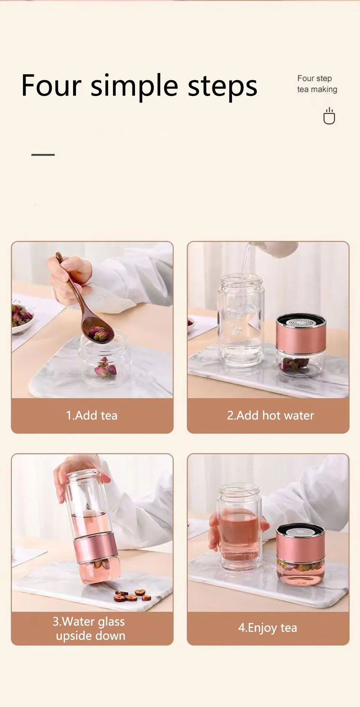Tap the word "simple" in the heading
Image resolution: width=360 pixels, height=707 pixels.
tap(134, 86)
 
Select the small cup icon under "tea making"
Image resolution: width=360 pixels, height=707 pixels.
tap(329, 116)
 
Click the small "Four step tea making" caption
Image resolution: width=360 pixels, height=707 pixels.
tap(317, 84)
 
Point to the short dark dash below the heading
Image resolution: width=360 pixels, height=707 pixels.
tap(43, 155)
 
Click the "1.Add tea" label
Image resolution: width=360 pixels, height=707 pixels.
tap(92, 415)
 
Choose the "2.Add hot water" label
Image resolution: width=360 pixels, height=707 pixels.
tap(270, 415)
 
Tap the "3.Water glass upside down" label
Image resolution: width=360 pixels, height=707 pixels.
tap(90, 628)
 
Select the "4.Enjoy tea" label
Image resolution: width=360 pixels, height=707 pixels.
tap(267, 627)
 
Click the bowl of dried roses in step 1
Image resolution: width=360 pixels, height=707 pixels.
tap(22, 317)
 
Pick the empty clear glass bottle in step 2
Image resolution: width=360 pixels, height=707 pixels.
tap(240, 320)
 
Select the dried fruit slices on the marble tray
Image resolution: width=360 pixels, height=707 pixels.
tap(132, 595)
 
